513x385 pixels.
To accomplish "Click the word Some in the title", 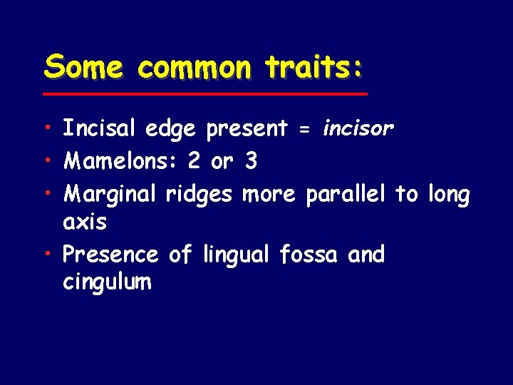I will click(84, 68).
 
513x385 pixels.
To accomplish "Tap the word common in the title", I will click(194, 68).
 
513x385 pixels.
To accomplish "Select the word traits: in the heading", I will click(313, 68).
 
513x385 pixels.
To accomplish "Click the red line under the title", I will click(204, 94).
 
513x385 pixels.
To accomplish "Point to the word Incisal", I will click(100, 128).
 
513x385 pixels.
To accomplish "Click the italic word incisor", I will click(358, 128).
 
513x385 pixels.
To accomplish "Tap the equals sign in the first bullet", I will click(304, 129).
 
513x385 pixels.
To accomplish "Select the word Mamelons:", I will click(120, 161).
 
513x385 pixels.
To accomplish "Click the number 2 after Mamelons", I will click(193, 161).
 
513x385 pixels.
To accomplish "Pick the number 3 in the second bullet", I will click(250, 161).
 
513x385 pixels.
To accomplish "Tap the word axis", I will click(85, 222).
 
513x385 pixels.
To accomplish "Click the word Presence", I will click(110, 254).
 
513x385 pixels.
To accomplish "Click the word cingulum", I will click(107, 283).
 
